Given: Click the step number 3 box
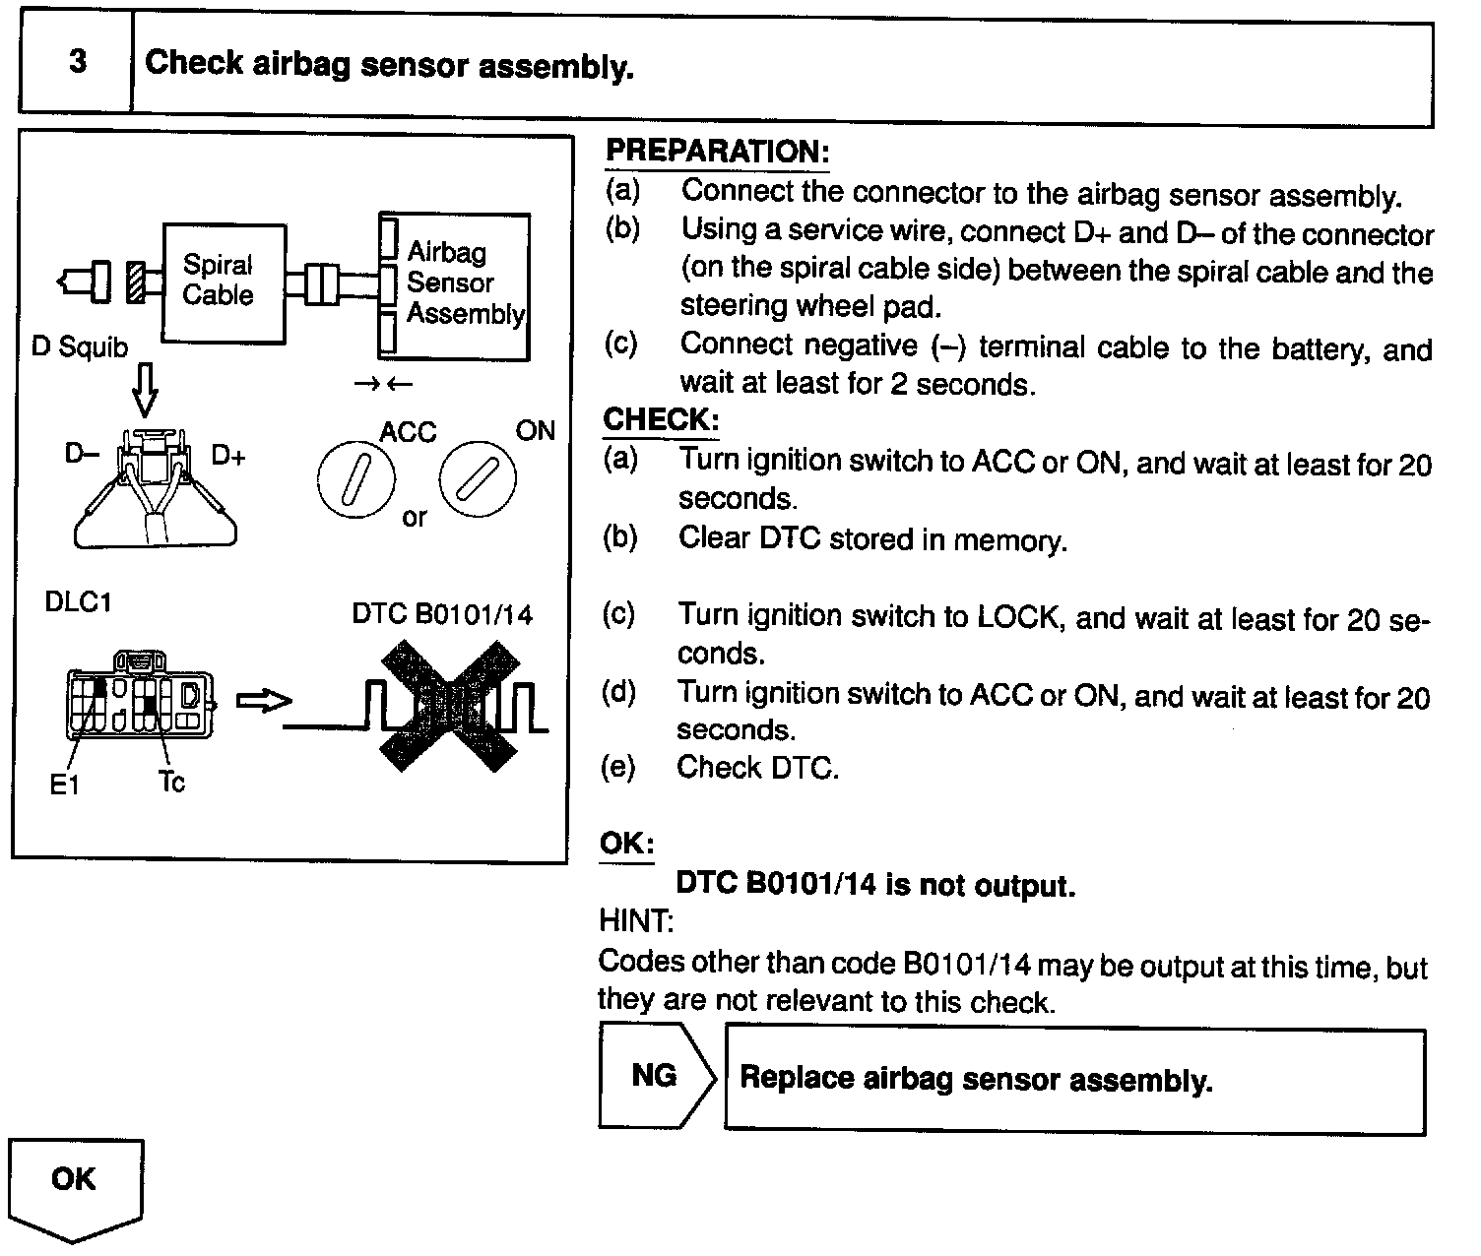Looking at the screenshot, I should point(76,64).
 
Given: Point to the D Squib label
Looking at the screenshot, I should point(80,347).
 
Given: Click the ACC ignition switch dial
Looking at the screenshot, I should point(355,480).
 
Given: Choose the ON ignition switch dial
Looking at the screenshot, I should point(477,480).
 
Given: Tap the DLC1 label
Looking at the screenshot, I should point(78,601).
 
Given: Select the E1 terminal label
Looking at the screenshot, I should point(64,785).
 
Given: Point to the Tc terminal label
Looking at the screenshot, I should point(171,783).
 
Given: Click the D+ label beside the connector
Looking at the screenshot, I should point(228,456).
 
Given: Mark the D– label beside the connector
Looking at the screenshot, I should point(82,454).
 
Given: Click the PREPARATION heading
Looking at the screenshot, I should point(717,152).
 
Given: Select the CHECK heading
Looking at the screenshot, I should point(660,419).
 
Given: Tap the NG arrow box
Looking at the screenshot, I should point(656,1076).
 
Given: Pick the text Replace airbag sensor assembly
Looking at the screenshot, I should point(975,1079).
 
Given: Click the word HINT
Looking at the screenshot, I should point(635,921).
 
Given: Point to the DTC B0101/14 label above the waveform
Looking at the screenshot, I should point(441,615).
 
